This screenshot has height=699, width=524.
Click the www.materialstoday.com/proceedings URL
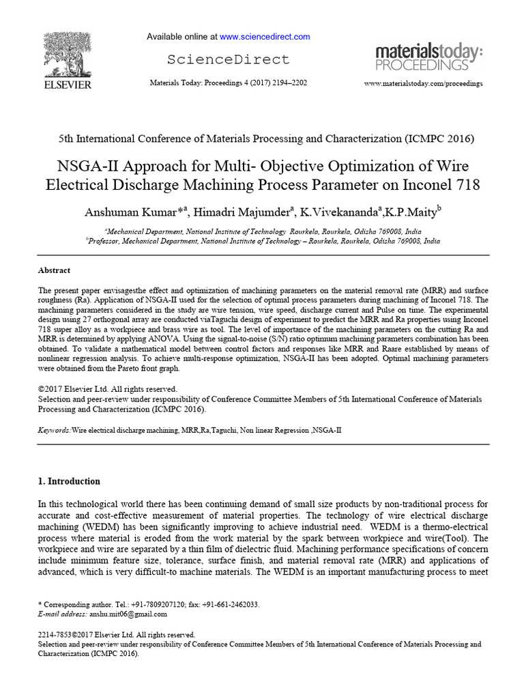tap(423, 83)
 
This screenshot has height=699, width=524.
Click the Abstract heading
tap(54, 270)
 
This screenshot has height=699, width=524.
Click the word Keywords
tap(53, 431)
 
